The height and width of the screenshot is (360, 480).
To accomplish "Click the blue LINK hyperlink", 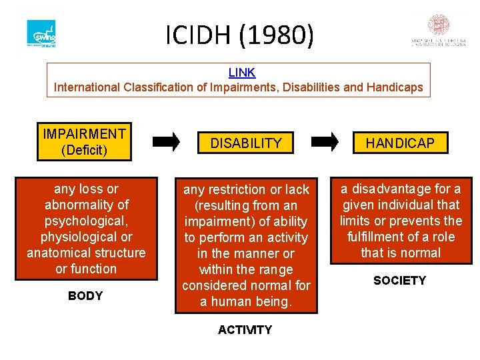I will point(241,73).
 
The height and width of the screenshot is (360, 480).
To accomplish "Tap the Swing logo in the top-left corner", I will point(41,33).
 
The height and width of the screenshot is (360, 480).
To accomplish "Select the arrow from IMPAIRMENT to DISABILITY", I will point(166,141).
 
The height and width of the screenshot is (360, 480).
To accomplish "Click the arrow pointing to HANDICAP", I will point(325,141).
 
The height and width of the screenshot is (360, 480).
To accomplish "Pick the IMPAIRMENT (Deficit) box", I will point(84,142).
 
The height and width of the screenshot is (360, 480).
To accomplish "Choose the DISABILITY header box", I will point(246,143).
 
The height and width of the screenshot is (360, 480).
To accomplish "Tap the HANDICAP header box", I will point(400,143).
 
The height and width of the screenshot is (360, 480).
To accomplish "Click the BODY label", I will point(85,296).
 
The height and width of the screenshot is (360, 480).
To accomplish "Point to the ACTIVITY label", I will point(245,330).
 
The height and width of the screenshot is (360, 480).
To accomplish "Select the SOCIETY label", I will point(399,281).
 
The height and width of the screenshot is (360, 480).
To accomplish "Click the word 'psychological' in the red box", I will point(85,221).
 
